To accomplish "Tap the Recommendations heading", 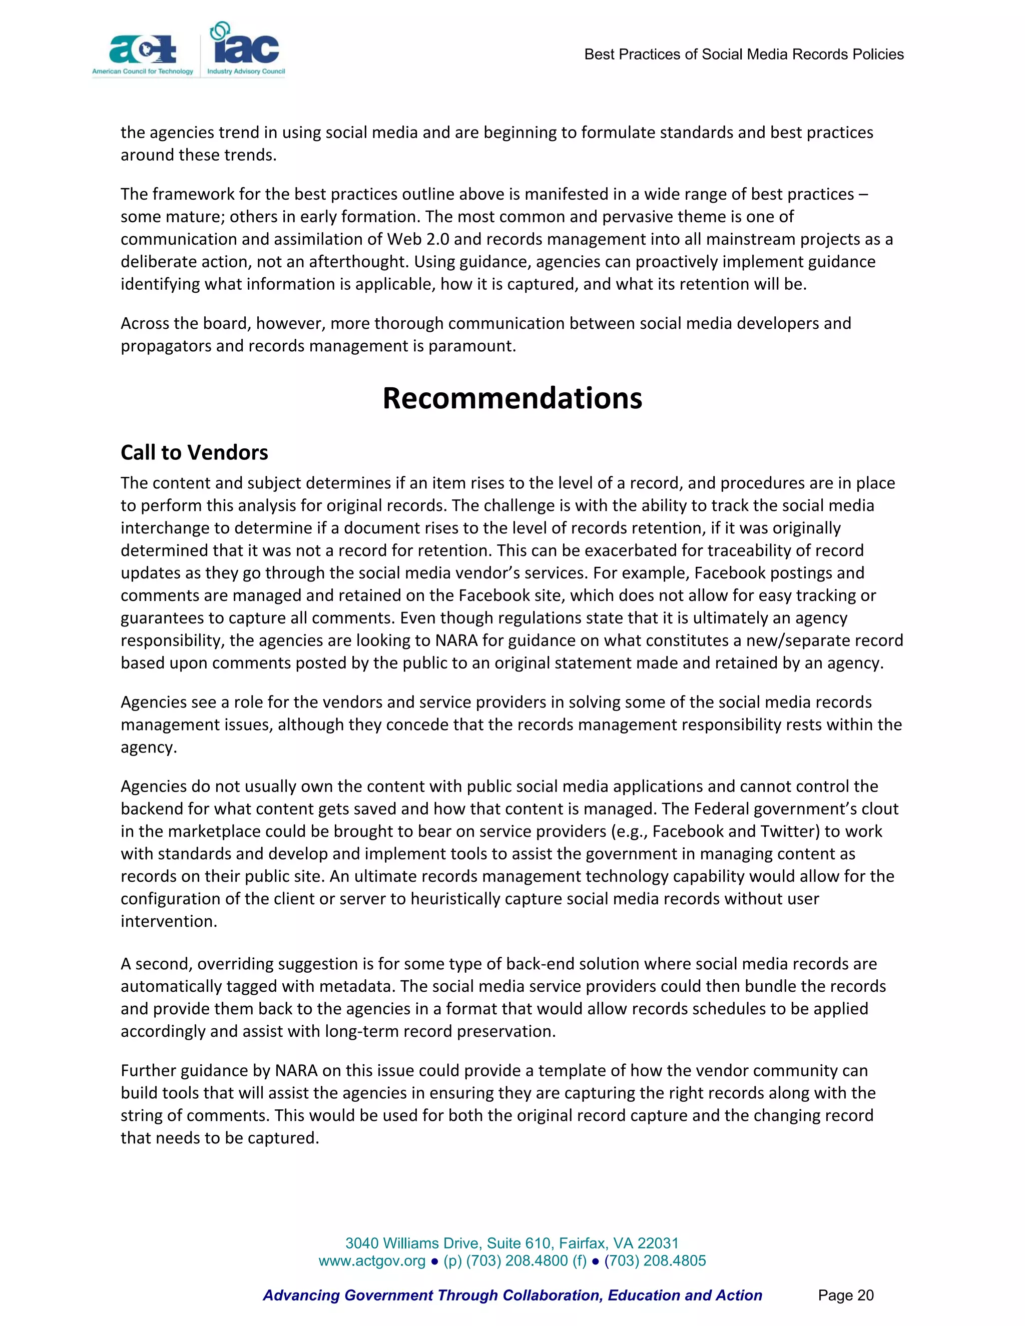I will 512,398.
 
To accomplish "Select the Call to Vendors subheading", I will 194,452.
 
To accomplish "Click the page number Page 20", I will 845,1295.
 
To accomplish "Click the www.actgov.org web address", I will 372,1260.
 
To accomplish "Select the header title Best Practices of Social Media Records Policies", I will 743,55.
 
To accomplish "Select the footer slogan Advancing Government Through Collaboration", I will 512,1295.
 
